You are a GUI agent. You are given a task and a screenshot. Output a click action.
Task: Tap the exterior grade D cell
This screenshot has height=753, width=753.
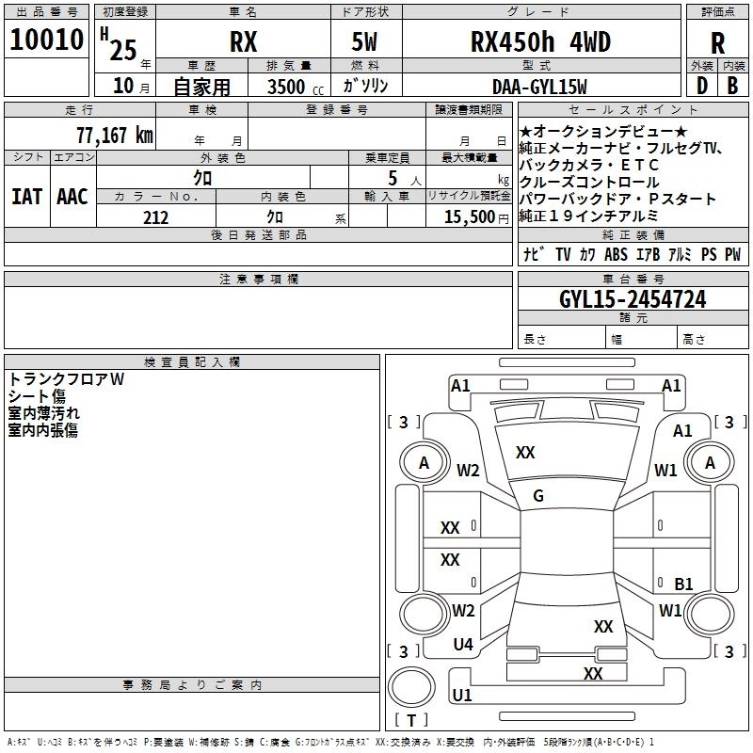(x=701, y=87)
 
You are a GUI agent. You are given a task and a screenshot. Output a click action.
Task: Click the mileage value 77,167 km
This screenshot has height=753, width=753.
(x=114, y=135)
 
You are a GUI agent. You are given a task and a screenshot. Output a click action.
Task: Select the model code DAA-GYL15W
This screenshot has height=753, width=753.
(x=538, y=87)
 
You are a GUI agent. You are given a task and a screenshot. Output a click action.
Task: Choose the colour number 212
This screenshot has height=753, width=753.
(x=155, y=217)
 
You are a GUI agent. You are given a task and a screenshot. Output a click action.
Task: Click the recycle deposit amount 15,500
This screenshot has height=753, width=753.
(x=468, y=217)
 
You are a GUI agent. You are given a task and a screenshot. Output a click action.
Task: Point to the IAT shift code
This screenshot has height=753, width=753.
(x=26, y=197)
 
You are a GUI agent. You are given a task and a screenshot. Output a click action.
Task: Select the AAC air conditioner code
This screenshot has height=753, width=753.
(x=72, y=197)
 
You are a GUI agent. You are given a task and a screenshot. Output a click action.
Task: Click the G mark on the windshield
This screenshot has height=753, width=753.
(x=538, y=496)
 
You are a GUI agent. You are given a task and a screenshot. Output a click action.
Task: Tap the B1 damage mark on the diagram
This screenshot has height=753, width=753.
(x=684, y=584)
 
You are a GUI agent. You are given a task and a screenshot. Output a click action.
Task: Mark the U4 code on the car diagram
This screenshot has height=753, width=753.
(x=463, y=645)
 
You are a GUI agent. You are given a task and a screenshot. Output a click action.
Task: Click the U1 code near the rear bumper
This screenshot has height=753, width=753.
(x=461, y=696)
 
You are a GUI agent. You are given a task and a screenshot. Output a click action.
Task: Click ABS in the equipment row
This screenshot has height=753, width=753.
(x=616, y=254)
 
